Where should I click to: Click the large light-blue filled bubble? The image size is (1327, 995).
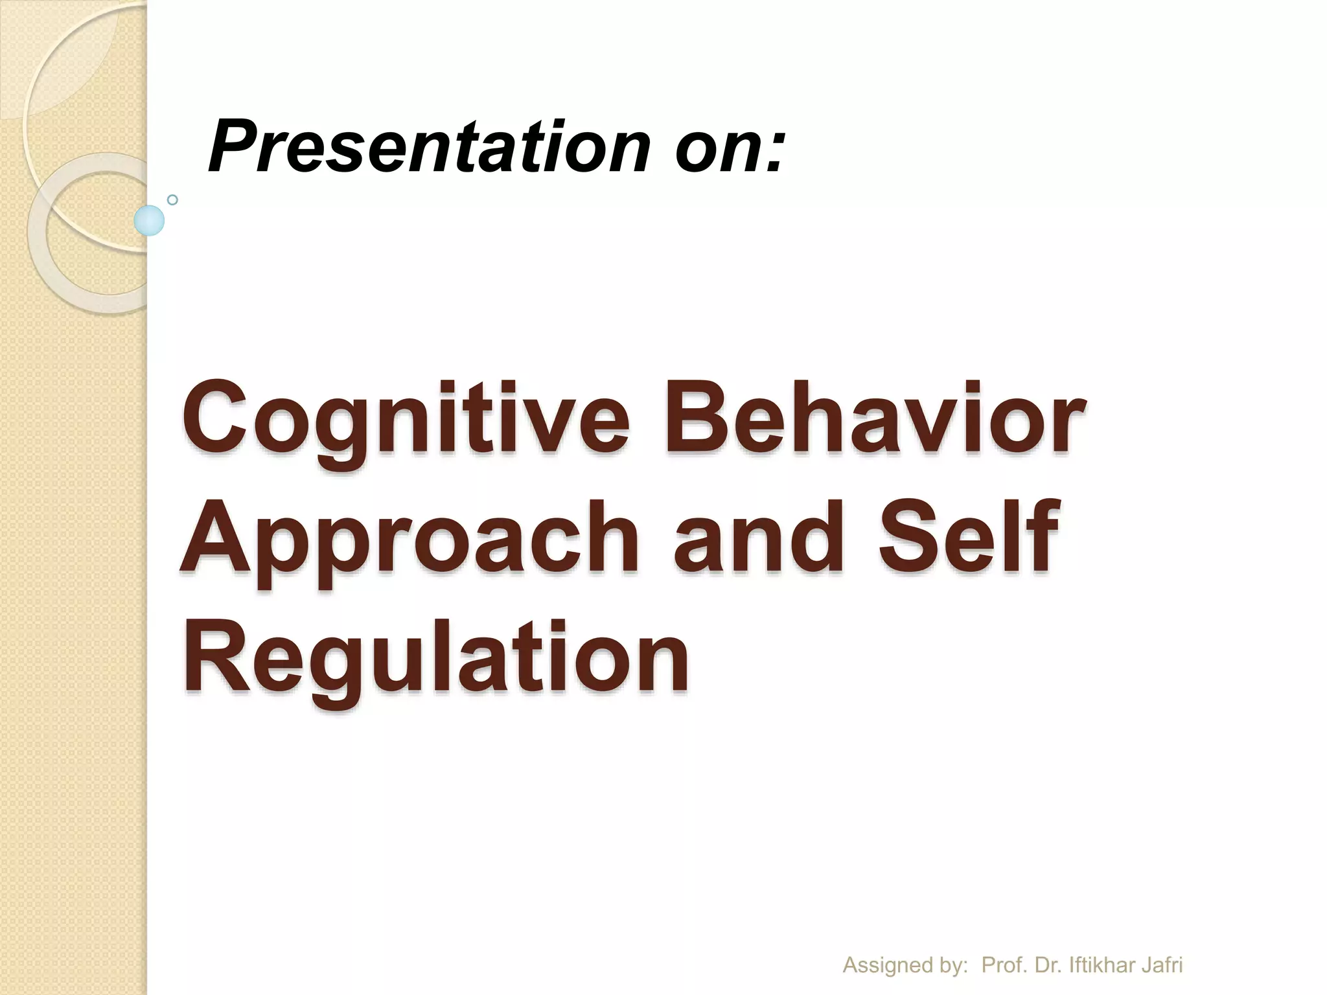tap(149, 220)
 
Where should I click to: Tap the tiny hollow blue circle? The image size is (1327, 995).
tap(172, 200)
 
